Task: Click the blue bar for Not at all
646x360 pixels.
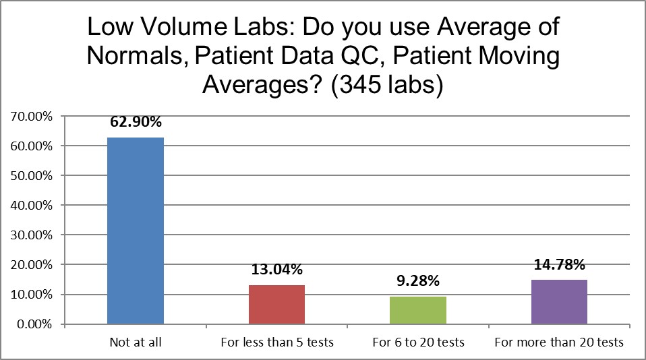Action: tap(135, 231)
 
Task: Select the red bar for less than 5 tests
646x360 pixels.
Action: tap(276, 305)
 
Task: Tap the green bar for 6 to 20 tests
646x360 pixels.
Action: tap(418, 310)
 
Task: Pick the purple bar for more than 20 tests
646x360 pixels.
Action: tap(559, 302)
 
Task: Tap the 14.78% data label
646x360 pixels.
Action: tap(559, 265)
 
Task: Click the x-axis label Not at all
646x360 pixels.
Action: tap(135, 342)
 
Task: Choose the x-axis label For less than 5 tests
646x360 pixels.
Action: tap(276, 342)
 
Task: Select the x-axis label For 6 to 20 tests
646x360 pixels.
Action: tap(418, 342)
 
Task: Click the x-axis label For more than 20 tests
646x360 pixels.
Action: tap(559, 342)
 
